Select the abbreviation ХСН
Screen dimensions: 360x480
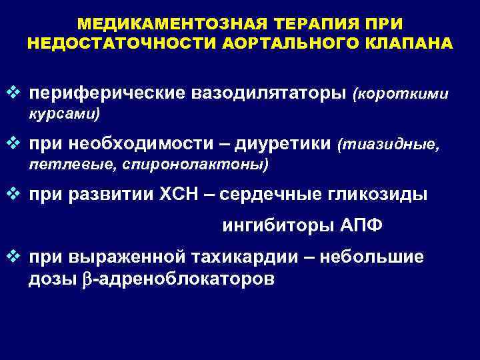tap(178, 194)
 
